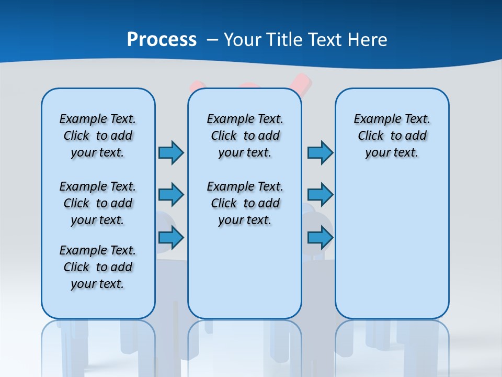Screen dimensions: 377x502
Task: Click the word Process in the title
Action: [x=162, y=40]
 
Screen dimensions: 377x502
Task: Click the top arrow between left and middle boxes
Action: [x=171, y=152]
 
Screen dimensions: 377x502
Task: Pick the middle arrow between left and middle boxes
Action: [x=171, y=195]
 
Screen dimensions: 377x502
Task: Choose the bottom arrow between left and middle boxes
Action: [x=171, y=238]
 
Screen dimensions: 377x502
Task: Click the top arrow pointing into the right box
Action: [x=320, y=152]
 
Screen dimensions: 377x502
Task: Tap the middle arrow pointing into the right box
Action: [x=320, y=195]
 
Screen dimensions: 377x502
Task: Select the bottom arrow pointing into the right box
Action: [x=320, y=238]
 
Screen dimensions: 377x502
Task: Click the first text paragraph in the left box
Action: [x=98, y=136]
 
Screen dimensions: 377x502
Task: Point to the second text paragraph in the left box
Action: [x=98, y=203]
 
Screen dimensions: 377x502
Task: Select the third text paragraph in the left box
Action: [x=98, y=267]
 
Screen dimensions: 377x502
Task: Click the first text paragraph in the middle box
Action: [x=245, y=136]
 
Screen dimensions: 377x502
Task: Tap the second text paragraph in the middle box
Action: [x=245, y=203]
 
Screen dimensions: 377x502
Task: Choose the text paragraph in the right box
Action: [x=392, y=136]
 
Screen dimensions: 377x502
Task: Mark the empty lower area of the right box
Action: [x=392, y=246]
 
